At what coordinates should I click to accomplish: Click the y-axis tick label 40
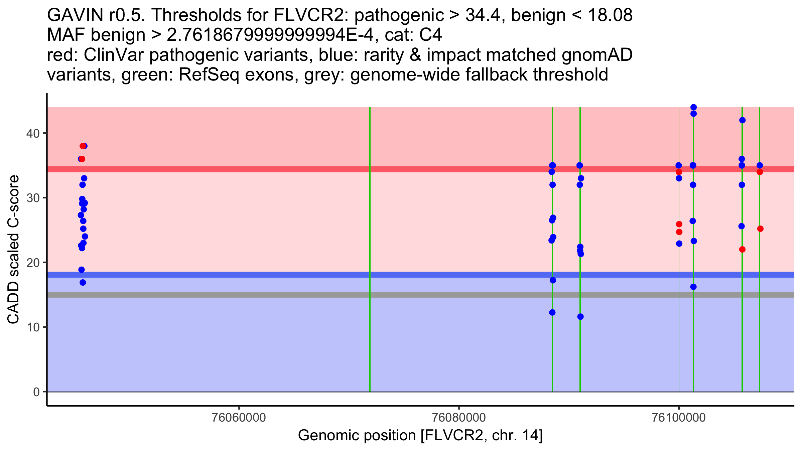tap(32, 134)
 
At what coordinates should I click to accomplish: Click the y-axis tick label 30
tap(32, 198)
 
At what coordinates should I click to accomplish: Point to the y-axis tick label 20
tap(32, 263)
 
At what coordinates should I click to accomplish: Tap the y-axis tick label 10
tap(32, 327)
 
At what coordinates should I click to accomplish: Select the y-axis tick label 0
tap(36, 392)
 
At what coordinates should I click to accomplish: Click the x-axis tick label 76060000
tap(239, 418)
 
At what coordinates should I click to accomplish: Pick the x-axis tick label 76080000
tap(459, 418)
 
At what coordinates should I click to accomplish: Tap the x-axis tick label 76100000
tap(679, 418)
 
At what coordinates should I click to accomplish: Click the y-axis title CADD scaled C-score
tap(13, 250)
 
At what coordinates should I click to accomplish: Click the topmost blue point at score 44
tap(693, 107)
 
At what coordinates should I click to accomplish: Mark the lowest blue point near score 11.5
tap(580, 317)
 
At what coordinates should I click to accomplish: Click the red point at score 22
tap(742, 250)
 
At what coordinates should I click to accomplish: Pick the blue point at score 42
tap(742, 120)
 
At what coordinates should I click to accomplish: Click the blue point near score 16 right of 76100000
tap(693, 287)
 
